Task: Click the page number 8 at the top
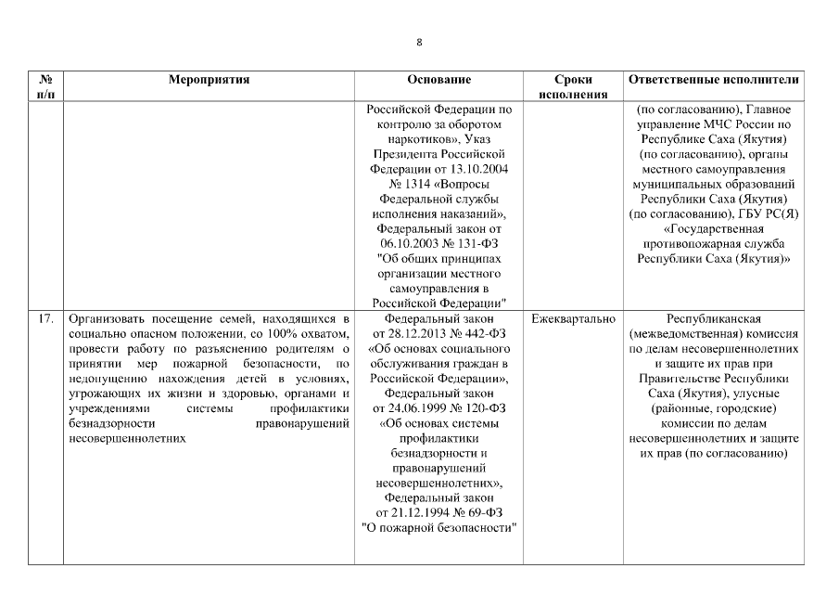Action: point(419,42)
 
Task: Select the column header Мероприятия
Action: point(209,81)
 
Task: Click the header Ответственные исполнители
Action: point(713,81)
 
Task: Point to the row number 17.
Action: point(44,319)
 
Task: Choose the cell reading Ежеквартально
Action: point(573,319)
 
